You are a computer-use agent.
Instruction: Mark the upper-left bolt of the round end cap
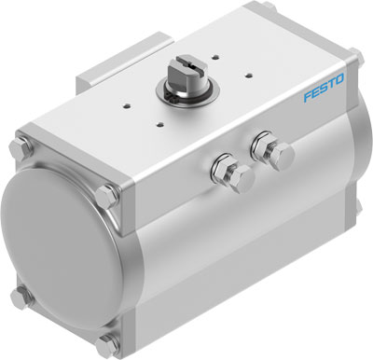click(x=21, y=150)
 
